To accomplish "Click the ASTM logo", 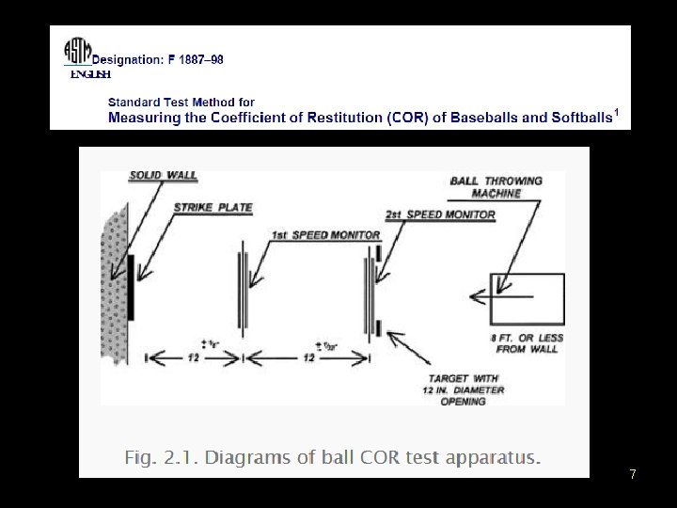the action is coord(77,51).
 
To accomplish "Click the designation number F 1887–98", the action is coord(196,60).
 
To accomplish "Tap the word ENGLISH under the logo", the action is coord(90,74).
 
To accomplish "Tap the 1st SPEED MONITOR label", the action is coord(312,234).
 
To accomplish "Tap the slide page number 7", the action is coord(633,475).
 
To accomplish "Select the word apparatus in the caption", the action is coord(490,459).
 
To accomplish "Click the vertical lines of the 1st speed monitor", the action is coord(244,288).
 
